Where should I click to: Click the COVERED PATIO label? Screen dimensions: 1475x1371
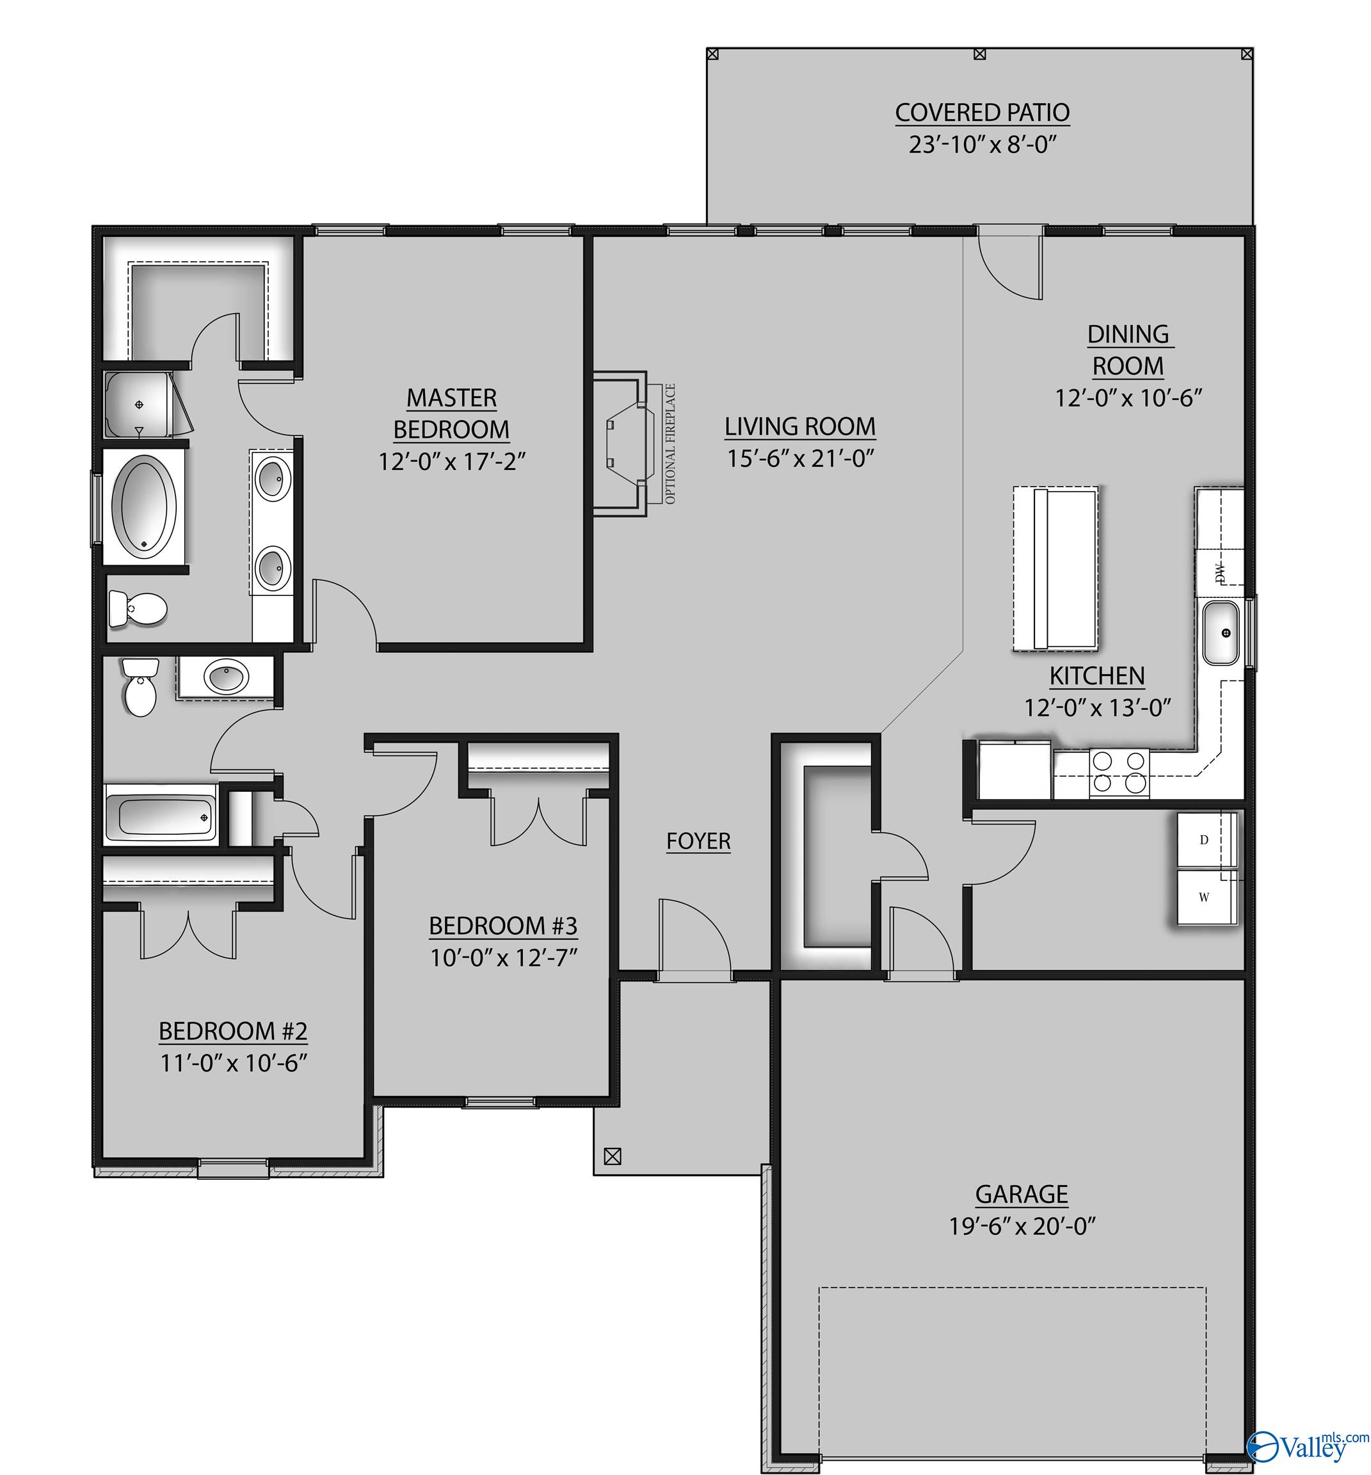(x=982, y=113)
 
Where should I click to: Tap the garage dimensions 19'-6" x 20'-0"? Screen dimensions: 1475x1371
(x=1022, y=1227)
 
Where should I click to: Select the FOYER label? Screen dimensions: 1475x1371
(x=698, y=841)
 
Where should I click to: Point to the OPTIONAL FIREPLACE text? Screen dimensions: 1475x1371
(x=671, y=444)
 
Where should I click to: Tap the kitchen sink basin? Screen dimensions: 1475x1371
(x=1221, y=633)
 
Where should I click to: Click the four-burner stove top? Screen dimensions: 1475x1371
(x=1119, y=772)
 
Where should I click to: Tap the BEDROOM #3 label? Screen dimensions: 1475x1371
(x=503, y=926)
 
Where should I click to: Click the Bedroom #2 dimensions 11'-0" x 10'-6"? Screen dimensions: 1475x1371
(x=234, y=1063)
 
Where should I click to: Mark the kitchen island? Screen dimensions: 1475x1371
(x=1055, y=569)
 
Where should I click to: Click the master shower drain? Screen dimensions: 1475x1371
(x=139, y=405)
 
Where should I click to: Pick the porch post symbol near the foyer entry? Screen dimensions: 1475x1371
(x=612, y=1156)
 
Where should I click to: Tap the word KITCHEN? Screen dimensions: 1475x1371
(x=1096, y=676)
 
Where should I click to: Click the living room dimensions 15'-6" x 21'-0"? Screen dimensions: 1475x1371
(x=801, y=458)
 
